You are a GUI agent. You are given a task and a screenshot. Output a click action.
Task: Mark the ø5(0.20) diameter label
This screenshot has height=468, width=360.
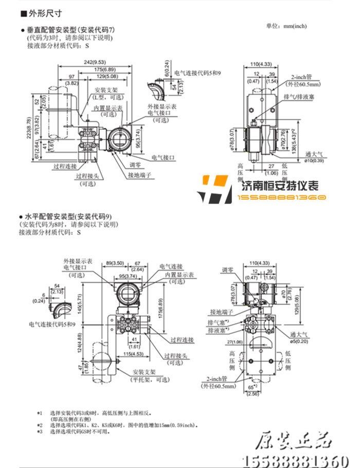point(315,341)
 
